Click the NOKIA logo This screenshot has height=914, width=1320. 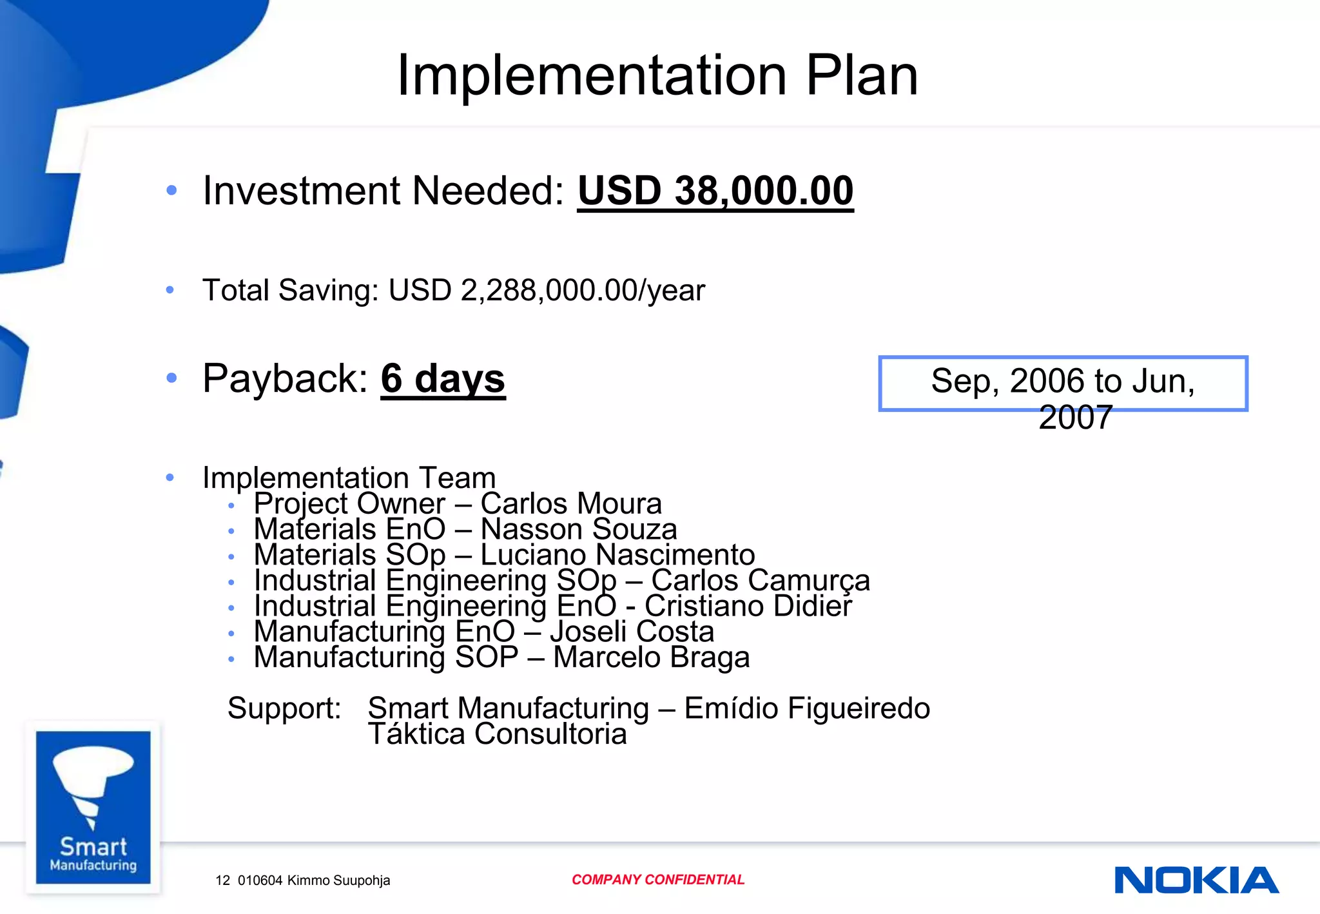(1196, 880)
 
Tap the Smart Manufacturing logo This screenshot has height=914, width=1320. (93, 807)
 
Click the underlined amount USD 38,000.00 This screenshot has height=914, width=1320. (715, 191)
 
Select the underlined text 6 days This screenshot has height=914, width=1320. (443, 378)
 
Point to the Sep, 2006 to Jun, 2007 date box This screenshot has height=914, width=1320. (1063, 384)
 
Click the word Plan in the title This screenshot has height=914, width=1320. (861, 75)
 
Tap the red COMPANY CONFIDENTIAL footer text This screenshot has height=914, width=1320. (657, 880)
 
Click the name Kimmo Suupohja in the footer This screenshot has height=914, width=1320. (338, 880)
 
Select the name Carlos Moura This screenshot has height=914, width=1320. (571, 503)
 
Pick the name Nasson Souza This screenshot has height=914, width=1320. (579, 529)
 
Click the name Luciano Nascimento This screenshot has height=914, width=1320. (617, 554)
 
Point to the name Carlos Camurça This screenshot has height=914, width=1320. (761, 580)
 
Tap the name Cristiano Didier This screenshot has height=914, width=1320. (748, 606)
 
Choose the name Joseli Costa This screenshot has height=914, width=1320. (632, 631)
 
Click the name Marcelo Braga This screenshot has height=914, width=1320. (651, 657)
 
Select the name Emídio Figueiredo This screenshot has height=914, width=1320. (807, 708)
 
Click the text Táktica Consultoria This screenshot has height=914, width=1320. (497, 734)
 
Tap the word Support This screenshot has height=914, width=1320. (284, 708)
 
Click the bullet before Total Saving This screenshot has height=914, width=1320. (170, 290)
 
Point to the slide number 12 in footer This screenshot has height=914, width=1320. (222, 880)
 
